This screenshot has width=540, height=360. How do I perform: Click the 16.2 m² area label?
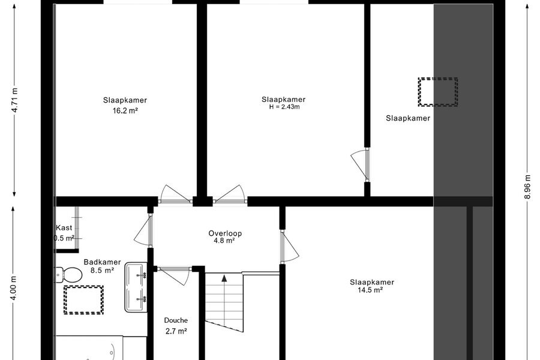pyautogui.click(x=125, y=110)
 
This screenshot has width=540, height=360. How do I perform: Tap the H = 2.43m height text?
pyautogui.click(x=284, y=107)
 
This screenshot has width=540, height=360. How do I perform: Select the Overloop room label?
pyautogui.click(x=225, y=233)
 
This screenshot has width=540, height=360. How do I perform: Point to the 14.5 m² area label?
pyautogui.click(x=370, y=290)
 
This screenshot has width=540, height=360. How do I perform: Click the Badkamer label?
pyautogui.click(x=102, y=262)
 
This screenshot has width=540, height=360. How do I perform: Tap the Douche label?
pyautogui.click(x=176, y=320)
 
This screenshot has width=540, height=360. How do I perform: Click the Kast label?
pyautogui.click(x=64, y=228)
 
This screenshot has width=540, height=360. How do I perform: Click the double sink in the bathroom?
pyautogui.click(x=136, y=287)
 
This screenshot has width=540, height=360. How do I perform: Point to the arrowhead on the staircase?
pyautogui.click(x=224, y=278)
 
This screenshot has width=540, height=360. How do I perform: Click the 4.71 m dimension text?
pyautogui.click(x=14, y=100)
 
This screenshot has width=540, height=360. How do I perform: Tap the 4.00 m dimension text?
pyautogui.click(x=14, y=287)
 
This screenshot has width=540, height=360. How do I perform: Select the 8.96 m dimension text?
pyautogui.click(x=527, y=187)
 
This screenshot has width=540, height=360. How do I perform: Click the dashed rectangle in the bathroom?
pyautogui.click(x=83, y=300)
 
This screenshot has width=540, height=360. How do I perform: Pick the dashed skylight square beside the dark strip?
pyautogui.click(x=438, y=92)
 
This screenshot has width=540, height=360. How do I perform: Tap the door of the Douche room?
pyautogui.click(x=173, y=275)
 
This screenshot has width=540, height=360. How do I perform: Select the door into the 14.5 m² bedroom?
pyautogui.click(x=289, y=246)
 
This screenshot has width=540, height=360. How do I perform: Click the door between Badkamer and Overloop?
pyautogui.click(x=143, y=230)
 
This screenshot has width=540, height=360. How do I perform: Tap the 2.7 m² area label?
pyautogui.click(x=176, y=331)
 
